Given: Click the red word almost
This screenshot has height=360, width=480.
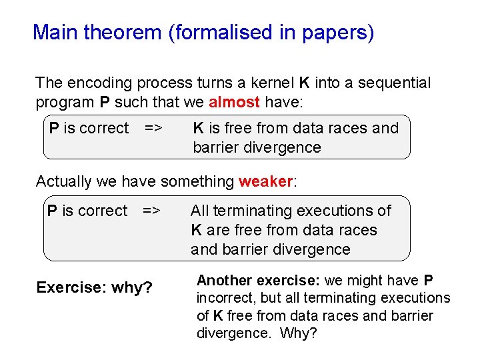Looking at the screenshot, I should pos(234,103).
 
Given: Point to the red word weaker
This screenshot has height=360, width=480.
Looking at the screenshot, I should pos(265,181).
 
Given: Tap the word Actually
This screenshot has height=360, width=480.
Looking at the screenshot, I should pos(63,181).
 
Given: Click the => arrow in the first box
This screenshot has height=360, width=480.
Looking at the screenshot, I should pos(153,128).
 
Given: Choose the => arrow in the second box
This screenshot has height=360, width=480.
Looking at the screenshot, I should pos(151,211).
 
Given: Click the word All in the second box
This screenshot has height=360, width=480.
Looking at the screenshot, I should pos(199,211).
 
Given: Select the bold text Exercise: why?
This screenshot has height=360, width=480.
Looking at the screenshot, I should pos(94,287).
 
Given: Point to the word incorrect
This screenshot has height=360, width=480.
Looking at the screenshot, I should pos(227,298).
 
